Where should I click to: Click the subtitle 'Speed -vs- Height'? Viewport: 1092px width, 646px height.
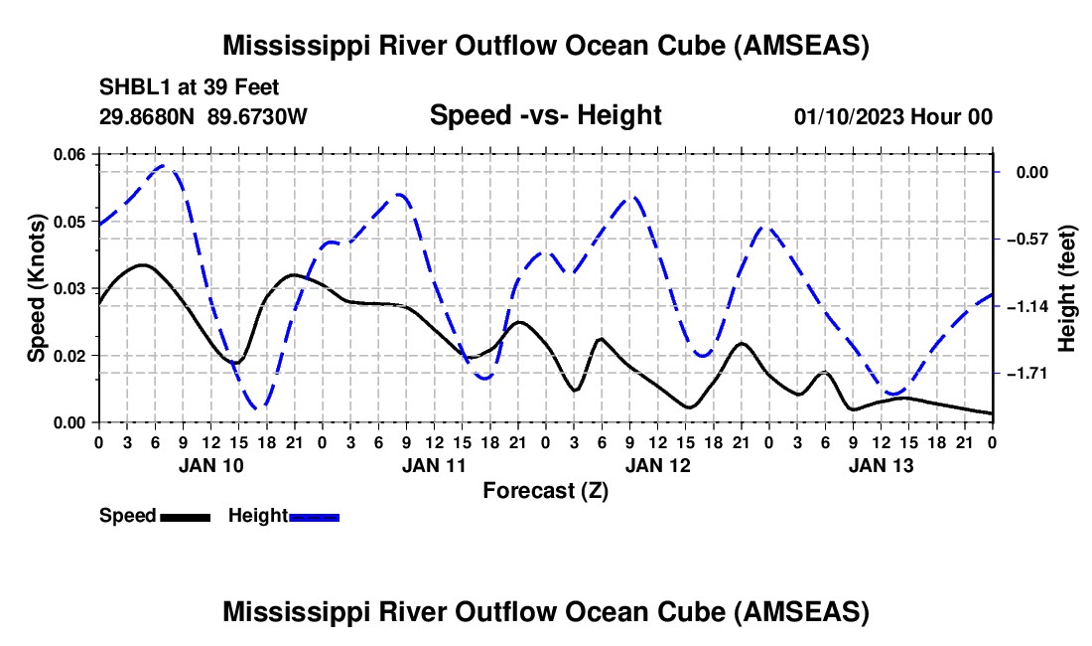pos(545,115)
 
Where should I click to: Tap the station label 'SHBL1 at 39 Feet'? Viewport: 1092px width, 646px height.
pos(189,87)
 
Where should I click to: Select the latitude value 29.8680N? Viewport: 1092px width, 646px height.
pos(147,116)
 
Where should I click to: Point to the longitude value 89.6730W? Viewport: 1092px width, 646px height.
pos(257,116)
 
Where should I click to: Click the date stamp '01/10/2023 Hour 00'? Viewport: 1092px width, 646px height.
pos(892,116)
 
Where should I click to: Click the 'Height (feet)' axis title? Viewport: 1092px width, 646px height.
pos(1067,288)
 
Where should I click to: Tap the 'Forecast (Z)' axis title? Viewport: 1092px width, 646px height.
pos(545,491)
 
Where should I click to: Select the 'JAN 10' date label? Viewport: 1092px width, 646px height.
pos(211,465)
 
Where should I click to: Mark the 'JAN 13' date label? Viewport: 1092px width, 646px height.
pos(881,465)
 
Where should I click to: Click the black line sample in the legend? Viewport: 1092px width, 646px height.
pos(186,517)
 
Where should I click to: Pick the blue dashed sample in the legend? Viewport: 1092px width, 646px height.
pos(314,517)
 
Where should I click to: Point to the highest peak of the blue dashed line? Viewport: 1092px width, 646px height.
pos(163,166)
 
